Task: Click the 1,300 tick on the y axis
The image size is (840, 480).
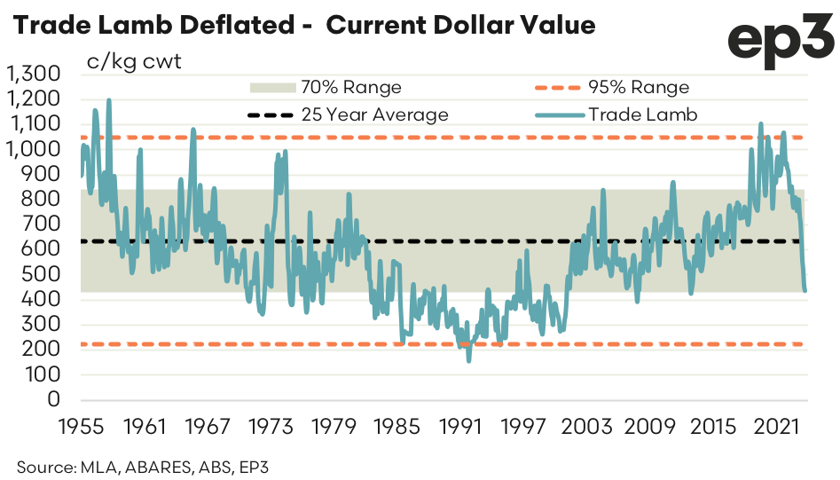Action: click(x=33, y=74)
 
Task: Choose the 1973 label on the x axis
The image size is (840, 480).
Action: click(x=271, y=428)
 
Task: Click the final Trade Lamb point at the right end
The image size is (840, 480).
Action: click(x=805, y=289)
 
